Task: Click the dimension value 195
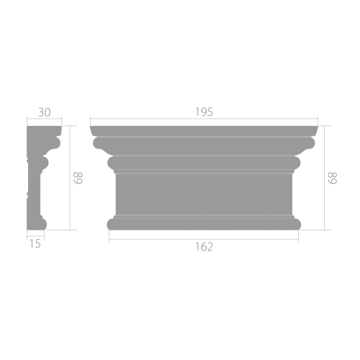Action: coord(204,112)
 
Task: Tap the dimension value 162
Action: coord(204,247)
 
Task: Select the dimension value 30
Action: coord(45,112)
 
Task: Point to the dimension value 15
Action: coord(35,244)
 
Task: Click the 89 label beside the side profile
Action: coord(78,178)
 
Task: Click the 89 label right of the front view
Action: coord(333,178)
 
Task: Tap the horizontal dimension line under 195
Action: coord(204,119)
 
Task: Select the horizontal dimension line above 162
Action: coord(204,239)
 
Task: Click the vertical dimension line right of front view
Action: coord(325,178)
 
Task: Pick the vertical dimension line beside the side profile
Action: coord(70,178)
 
